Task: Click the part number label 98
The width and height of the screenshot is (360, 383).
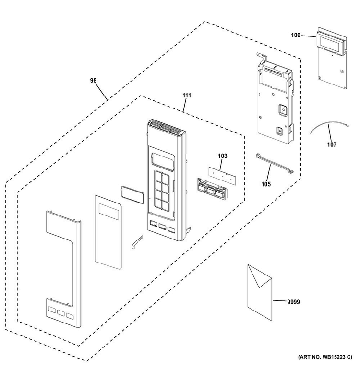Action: (93, 80)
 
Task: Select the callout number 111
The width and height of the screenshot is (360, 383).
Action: (187, 95)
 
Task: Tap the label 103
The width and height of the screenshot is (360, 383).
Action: (223, 156)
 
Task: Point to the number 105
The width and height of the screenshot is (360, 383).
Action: (266, 184)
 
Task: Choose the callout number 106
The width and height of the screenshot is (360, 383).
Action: (296, 35)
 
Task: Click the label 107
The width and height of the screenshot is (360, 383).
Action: (332, 144)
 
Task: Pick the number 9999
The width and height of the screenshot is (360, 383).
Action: (293, 302)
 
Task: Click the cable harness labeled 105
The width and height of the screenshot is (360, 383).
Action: (274, 163)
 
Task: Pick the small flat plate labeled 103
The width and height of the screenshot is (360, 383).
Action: (223, 176)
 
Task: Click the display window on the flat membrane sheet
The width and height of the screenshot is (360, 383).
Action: (109, 211)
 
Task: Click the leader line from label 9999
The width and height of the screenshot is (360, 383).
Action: (280, 301)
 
